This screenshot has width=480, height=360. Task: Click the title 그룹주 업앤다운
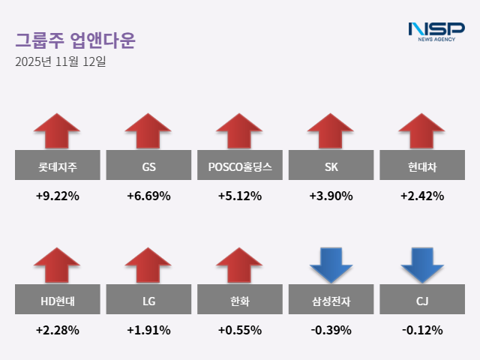tap(75, 40)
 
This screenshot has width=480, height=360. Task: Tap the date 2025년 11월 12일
tap(61, 61)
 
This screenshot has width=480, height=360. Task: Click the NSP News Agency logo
tap(436, 31)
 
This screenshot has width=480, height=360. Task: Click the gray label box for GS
tap(148, 166)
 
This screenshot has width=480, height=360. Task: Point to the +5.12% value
tap(240, 196)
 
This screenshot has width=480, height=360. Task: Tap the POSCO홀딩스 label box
tap(240, 166)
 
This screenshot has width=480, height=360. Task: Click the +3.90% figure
tap(331, 196)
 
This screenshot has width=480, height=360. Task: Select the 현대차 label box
tap(422, 166)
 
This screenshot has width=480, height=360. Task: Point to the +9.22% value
tap(57, 196)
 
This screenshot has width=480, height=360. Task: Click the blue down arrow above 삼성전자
tap(331, 264)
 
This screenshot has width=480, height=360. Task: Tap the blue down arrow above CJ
tap(422, 264)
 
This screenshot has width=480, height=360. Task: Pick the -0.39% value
tap(331, 330)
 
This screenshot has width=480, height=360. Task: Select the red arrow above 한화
tap(240, 264)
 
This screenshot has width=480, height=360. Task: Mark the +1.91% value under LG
tap(148, 330)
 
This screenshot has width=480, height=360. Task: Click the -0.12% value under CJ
tap(422, 330)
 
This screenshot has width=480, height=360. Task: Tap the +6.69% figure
tap(148, 196)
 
